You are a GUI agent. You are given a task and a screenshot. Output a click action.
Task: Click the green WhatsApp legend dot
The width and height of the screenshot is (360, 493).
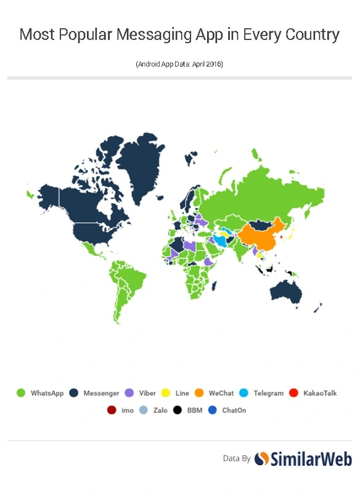coord(20,393)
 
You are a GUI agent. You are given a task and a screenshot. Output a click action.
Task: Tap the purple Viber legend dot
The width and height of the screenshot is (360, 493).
coord(129,393)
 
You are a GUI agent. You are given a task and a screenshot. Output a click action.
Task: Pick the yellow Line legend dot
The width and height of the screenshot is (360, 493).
coord(165,393)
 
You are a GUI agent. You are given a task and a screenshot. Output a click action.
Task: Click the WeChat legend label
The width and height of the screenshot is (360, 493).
coord(221,393)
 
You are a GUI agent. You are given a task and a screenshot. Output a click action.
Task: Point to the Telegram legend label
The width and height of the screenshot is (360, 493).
coord(268,393)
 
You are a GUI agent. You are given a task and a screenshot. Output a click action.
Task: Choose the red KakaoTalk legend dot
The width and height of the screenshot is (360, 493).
coord(294,393)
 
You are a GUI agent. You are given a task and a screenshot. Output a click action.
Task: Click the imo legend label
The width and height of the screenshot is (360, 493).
coord(128,410)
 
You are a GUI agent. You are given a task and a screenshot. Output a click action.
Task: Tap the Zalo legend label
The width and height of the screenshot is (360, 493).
coord(160,410)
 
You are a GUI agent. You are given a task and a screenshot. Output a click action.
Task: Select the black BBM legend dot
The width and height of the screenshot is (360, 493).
coord(178,410)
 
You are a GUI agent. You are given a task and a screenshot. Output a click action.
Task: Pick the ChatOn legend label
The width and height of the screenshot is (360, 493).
coord(234,410)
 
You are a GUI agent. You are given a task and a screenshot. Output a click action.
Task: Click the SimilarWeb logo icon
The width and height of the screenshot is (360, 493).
coord(262,458)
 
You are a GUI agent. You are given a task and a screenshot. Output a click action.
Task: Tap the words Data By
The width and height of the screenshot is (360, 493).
coord(237,458)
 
